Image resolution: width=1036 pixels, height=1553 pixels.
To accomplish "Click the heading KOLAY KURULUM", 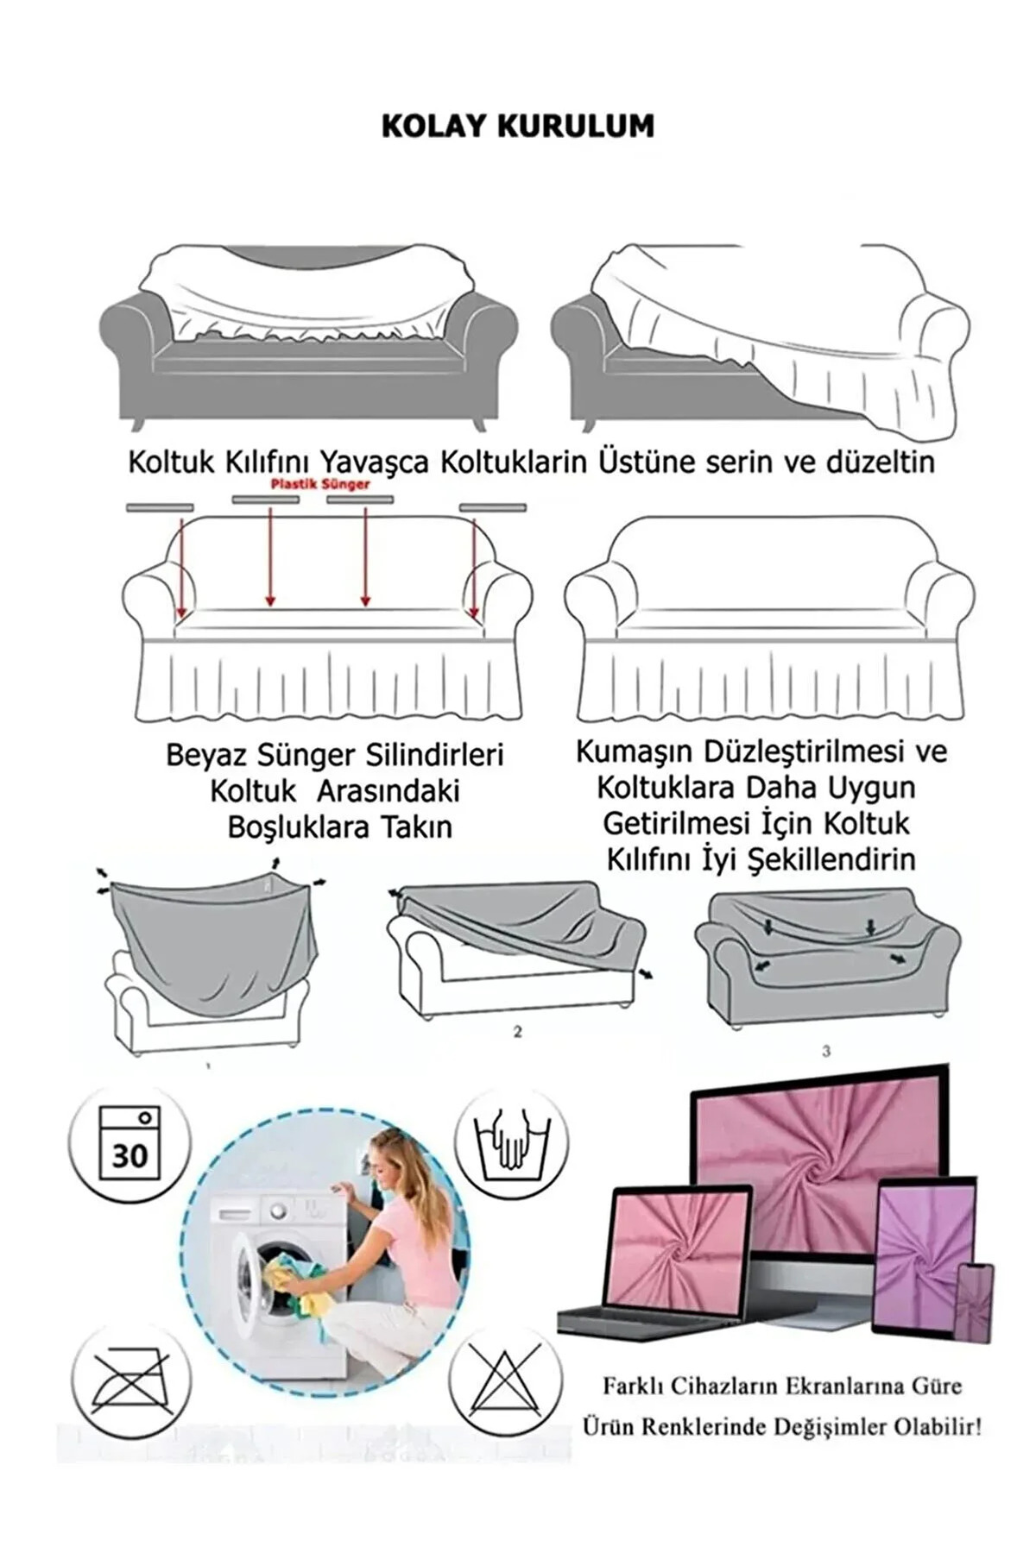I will coord(517,126).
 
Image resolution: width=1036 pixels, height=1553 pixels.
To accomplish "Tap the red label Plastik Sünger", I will coord(320,484).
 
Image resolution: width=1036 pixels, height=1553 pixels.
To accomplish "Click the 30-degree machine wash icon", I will coord(129,1144).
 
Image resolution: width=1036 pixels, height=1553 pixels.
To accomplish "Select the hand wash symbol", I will coord(511,1144).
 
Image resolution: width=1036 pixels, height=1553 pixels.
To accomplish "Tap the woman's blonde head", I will coord(400,1160).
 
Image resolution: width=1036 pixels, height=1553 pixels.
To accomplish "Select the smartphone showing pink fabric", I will coord(976,1302).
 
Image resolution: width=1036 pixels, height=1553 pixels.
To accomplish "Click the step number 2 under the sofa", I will coord(517,1031).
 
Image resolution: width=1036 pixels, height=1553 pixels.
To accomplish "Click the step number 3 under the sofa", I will coord(826,1051).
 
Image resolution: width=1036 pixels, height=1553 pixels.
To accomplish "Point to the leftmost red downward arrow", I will coord(181,565).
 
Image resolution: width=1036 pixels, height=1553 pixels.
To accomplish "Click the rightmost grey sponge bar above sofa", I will coord(493,507).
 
